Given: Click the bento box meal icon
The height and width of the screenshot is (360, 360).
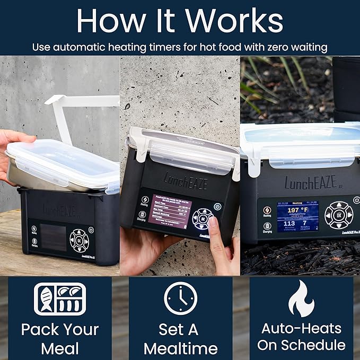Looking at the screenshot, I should (x=59, y=300).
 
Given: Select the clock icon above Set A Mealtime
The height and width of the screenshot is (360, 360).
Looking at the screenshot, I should (x=180, y=298).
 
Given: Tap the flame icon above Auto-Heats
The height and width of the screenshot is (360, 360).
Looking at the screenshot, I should (x=301, y=298).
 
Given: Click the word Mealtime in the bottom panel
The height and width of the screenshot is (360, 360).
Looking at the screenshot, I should (x=180, y=348).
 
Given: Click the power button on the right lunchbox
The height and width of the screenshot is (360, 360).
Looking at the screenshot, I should (x=356, y=200).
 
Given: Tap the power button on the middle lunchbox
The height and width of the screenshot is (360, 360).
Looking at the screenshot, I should (x=217, y=206).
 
